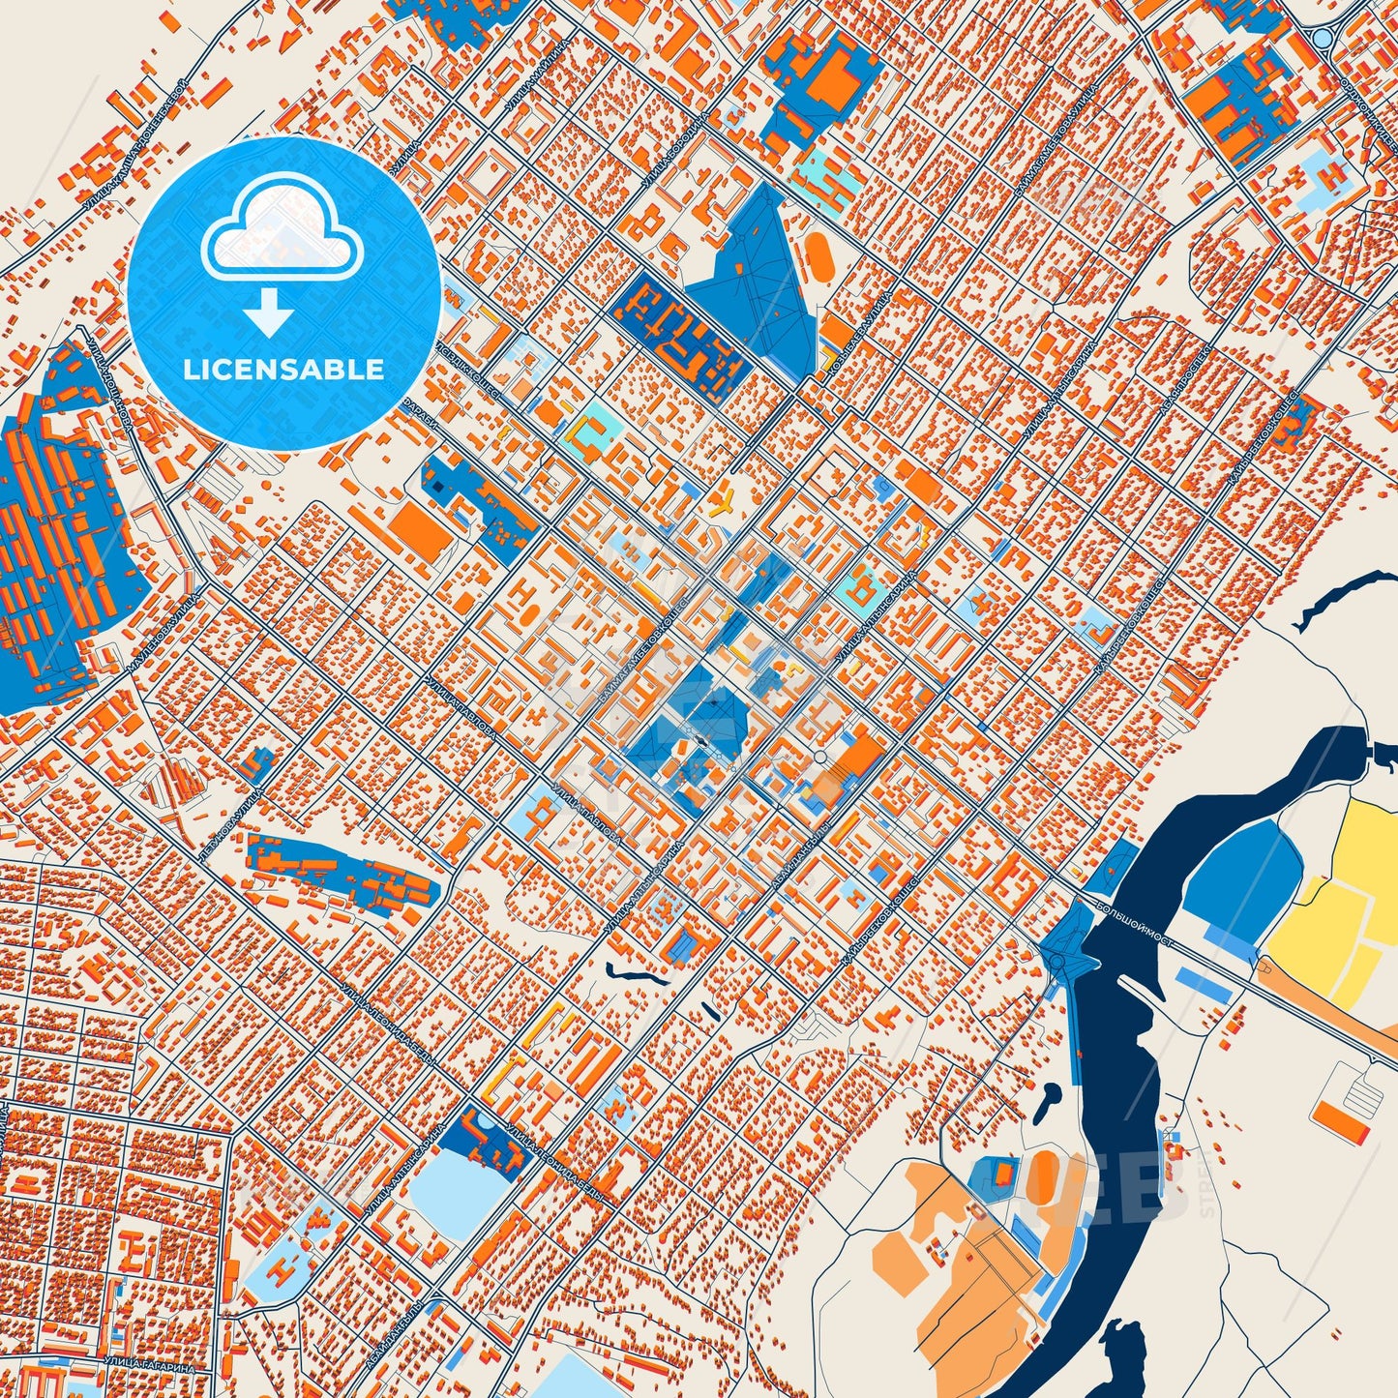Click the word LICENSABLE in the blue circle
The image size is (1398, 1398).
[284, 370]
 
